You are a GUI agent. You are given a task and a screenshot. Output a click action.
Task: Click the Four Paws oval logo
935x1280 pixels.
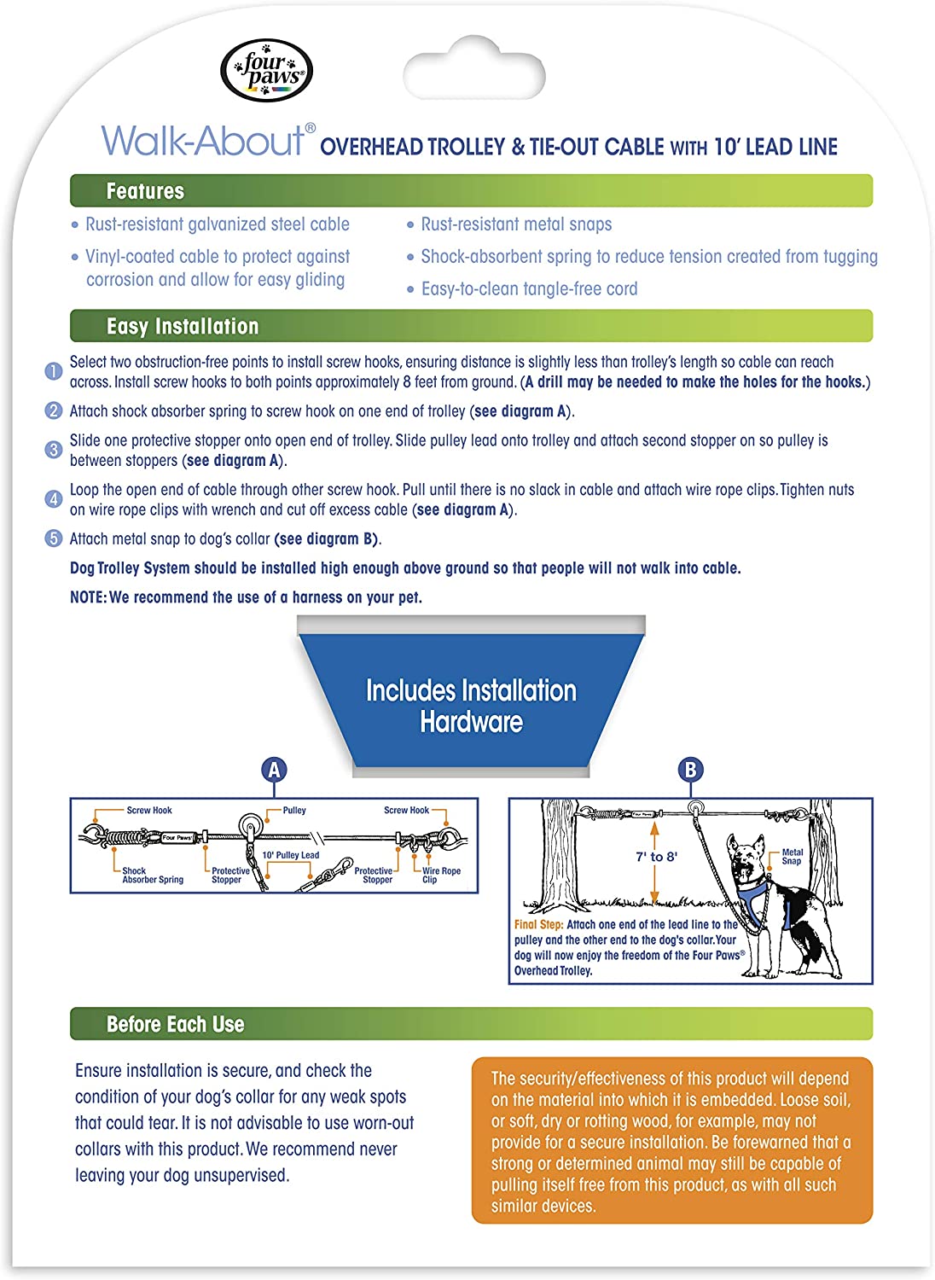tap(266, 71)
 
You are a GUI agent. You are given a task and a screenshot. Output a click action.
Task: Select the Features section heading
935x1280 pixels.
tap(145, 191)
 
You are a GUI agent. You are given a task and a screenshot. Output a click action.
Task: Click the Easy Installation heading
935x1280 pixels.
tap(182, 326)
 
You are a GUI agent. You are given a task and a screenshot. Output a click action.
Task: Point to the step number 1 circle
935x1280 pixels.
tap(53, 371)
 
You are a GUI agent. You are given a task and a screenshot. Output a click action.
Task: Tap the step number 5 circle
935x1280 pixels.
tap(53, 538)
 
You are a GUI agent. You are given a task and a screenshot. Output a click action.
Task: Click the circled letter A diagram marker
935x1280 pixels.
tap(274, 770)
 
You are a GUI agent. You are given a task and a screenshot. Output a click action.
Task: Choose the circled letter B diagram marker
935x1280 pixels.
tap(690, 770)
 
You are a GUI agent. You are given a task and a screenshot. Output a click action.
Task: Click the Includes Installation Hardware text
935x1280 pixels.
tap(471, 706)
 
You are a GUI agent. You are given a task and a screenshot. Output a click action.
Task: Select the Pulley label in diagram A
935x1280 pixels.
tap(294, 811)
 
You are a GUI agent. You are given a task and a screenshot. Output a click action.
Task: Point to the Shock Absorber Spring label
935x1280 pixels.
tap(152, 876)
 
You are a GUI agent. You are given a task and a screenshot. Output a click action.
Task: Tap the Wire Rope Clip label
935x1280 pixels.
tap(441, 876)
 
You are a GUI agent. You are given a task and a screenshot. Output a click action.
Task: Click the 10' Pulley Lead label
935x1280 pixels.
tap(291, 855)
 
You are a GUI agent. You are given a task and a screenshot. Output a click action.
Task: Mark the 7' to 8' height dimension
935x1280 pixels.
tap(656, 857)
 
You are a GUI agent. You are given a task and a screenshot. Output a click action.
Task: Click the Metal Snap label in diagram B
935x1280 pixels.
tap(792, 857)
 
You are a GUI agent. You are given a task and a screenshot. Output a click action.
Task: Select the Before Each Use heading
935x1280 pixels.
tap(175, 1024)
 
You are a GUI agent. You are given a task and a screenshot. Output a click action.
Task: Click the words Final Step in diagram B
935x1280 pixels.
tap(538, 924)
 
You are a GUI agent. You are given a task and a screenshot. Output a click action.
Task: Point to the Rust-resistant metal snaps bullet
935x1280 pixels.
tap(516, 224)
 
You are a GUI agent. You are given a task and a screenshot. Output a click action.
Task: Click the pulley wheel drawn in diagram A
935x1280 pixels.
tap(251, 825)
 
